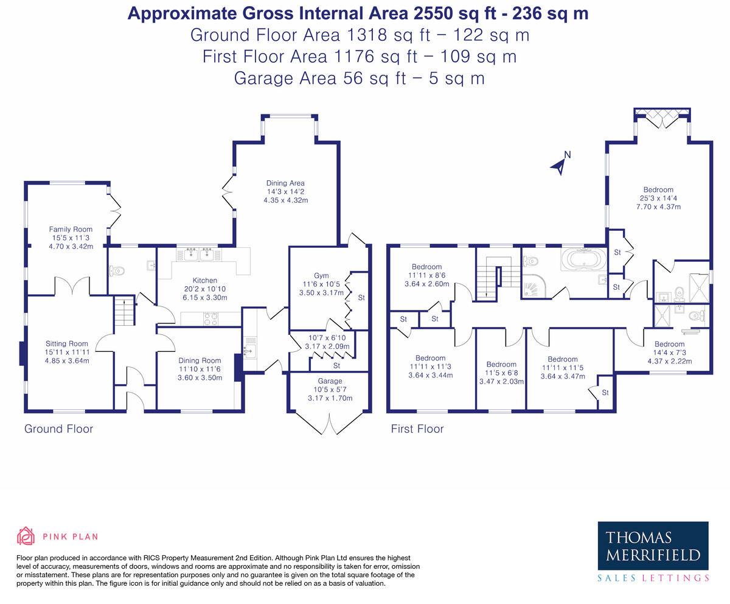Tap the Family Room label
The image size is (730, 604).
[x=71, y=230]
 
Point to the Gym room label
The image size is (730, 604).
[x=321, y=276]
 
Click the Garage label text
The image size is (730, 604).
[x=330, y=381]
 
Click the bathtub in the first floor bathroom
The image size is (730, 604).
[x=583, y=259]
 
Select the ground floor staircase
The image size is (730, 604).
[x=124, y=311]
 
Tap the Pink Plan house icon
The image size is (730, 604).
[x=26, y=536]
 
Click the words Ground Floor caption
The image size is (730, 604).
[x=58, y=429]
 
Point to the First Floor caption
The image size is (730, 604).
[x=417, y=429]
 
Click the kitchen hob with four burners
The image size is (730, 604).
[x=211, y=318]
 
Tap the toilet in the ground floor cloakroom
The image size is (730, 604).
[x=117, y=271]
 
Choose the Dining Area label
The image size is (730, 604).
[x=285, y=183]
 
